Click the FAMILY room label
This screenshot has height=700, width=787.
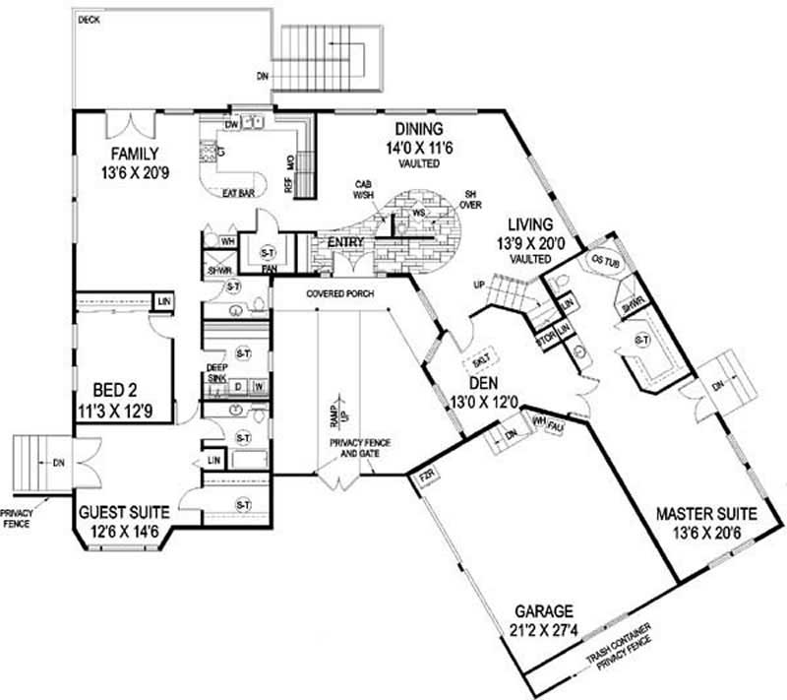135,154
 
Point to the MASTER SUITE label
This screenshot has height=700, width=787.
707,514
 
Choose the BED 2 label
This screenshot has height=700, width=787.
116,388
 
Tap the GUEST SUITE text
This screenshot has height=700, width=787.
124,512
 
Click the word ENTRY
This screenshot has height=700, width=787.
346,243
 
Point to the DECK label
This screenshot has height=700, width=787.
89,19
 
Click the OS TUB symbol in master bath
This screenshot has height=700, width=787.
601,259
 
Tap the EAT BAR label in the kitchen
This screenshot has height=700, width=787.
239,193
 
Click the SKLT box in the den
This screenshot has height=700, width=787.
482,358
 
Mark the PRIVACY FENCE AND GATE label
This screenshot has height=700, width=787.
360,448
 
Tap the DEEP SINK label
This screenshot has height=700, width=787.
216,373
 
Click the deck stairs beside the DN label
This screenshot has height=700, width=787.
330,59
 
